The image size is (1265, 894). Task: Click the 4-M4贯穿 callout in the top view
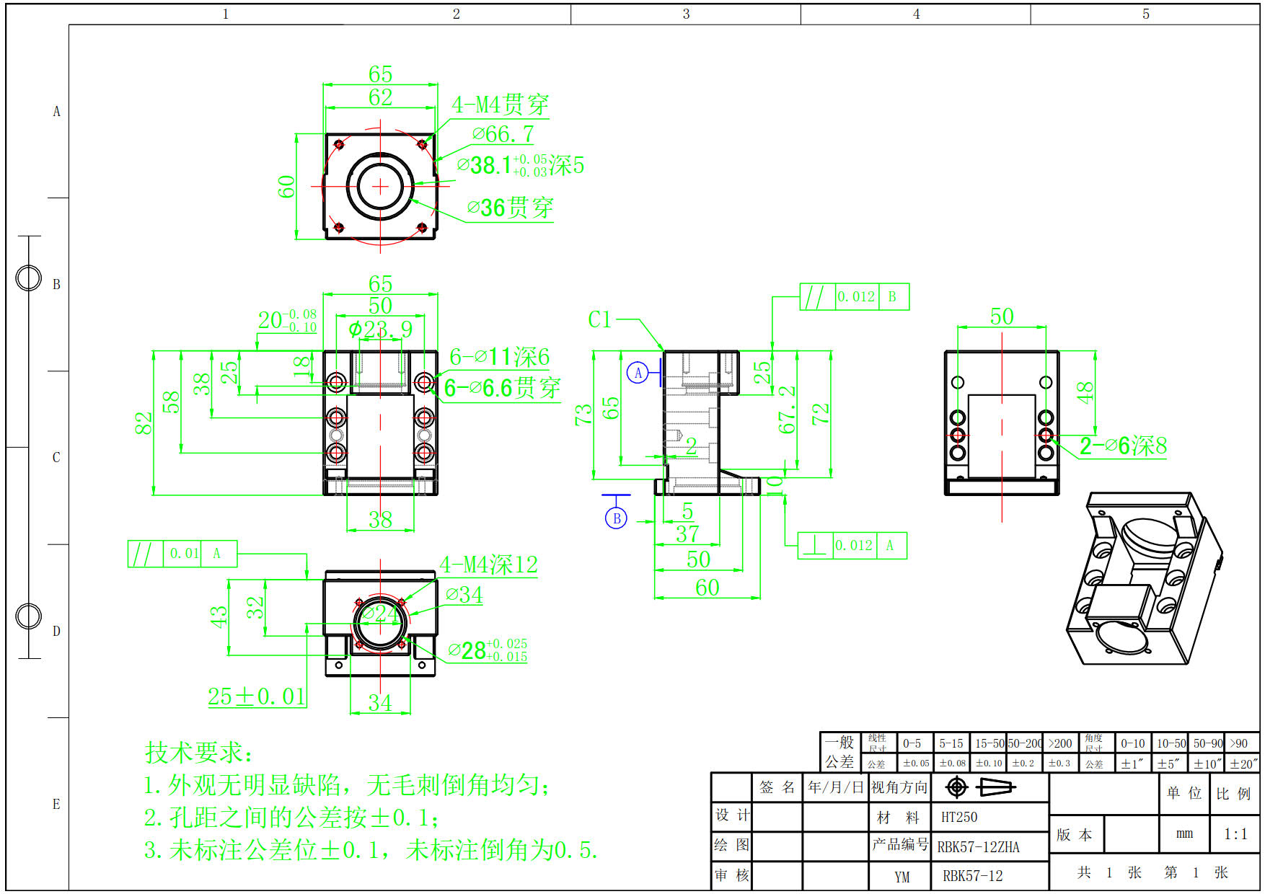pos(500,105)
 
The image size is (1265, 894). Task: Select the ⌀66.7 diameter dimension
pos(503,134)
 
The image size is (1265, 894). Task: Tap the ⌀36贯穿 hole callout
pos(510,208)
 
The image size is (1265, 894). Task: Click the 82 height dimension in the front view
pos(144,423)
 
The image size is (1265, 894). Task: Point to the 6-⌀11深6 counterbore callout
pos(499,357)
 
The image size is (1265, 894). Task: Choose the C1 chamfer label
pos(599,319)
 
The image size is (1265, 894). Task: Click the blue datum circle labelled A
pos(638,373)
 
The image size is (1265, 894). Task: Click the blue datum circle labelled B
pos(616,518)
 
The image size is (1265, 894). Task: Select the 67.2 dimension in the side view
pos(787,410)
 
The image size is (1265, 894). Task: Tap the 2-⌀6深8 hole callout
pos(1123,446)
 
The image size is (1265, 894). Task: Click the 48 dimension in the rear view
pos(1085,393)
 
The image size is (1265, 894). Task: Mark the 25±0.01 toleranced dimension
pos(257,696)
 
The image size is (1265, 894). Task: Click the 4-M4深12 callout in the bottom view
pos(489,565)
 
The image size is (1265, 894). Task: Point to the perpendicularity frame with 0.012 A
pos(852,546)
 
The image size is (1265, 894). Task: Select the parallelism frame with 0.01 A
pos(182,554)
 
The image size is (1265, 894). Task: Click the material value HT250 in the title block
pos(959,817)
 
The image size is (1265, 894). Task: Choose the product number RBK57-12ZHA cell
pos(978,847)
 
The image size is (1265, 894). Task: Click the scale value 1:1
pos(1235,834)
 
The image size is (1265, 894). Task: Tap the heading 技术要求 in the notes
pos(199,753)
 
